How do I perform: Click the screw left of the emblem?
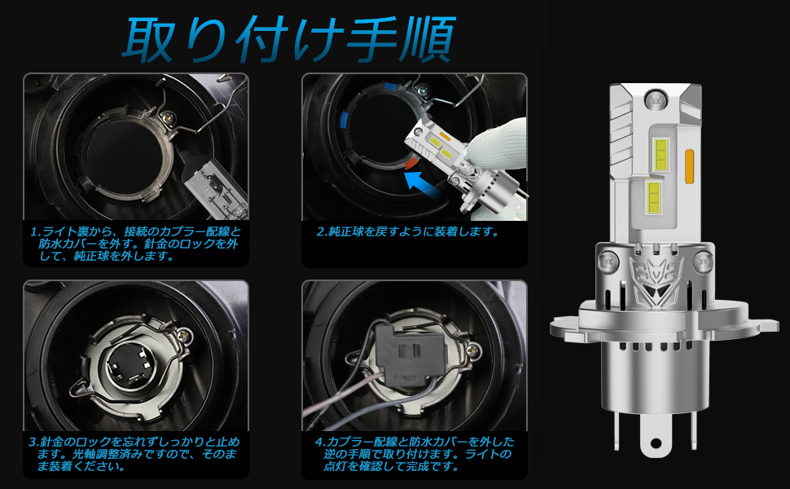pyautogui.click(x=607, y=263)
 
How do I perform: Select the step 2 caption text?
pyautogui.click(x=407, y=231)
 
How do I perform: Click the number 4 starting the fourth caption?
pyautogui.click(x=319, y=443)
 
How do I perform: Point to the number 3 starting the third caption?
pyautogui.click(x=33, y=443)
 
